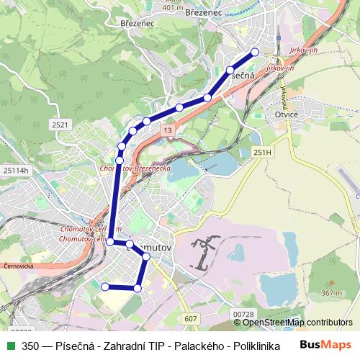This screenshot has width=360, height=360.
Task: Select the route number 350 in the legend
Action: [31, 346]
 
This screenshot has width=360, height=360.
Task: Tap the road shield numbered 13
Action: [168, 130]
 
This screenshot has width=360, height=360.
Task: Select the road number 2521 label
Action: [60, 125]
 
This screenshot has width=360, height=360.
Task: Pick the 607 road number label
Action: [190, 318]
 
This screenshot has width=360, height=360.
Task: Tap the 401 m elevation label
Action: [173, 8]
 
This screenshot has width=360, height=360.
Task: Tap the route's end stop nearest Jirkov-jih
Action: [254, 52]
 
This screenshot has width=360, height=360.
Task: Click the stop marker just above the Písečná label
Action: [230, 71]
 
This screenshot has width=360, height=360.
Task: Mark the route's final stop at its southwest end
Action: [105, 287]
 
